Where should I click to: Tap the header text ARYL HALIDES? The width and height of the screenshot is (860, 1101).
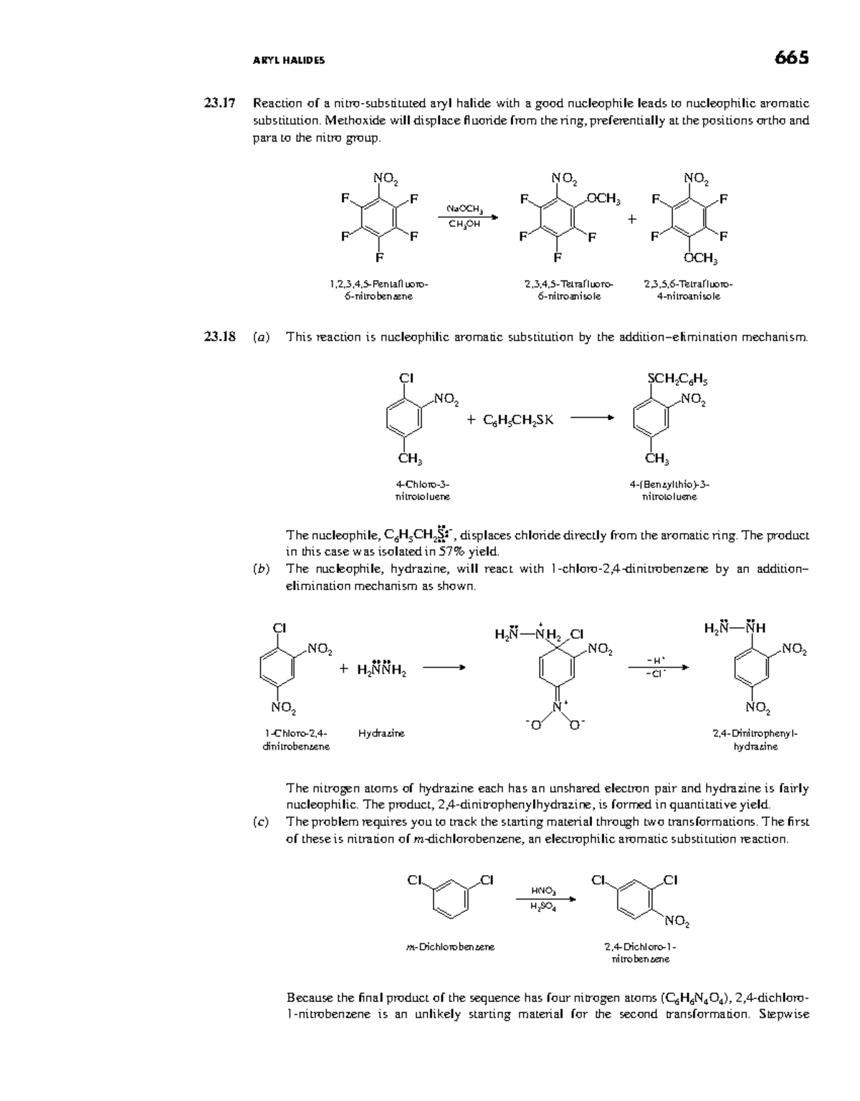[x=289, y=61]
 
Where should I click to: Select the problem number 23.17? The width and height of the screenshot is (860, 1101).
[x=219, y=103]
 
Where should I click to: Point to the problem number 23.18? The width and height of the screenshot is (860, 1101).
[x=219, y=337]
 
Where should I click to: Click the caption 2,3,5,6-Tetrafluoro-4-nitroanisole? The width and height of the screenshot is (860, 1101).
[x=688, y=290]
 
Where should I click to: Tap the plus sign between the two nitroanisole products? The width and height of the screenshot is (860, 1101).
[x=631, y=219]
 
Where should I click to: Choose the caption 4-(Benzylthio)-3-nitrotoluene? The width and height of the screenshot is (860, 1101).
[x=669, y=490]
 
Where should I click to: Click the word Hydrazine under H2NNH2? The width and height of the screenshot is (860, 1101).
[x=381, y=733]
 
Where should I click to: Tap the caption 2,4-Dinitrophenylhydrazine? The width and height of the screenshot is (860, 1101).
[x=755, y=740]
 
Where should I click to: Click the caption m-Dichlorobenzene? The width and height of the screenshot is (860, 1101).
[x=449, y=947]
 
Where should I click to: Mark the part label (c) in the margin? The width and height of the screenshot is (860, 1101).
[x=261, y=822]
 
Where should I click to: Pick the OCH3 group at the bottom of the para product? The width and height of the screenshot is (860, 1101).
[x=701, y=258]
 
